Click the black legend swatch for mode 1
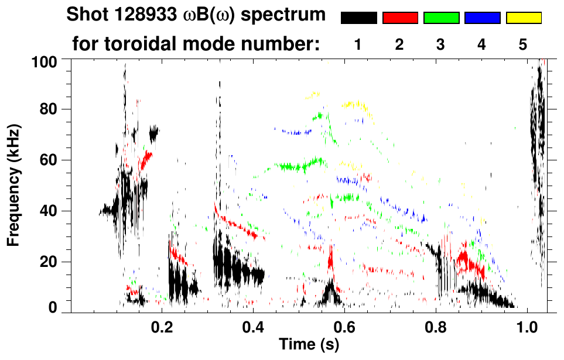pyautogui.click(x=358, y=18)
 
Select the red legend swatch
pyautogui.click(x=400, y=18)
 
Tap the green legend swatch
pyautogui.click(x=441, y=18)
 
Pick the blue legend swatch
pyautogui.click(x=482, y=18)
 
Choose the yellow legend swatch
pyautogui.click(x=523, y=18)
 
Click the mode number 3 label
pyautogui.click(x=440, y=44)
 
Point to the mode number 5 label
pyautogui.click(x=523, y=44)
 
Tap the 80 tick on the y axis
pyautogui.click(x=52, y=109)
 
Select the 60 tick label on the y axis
pyautogui.click(x=52, y=160)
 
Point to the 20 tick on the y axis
pyautogui.click(x=52, y=262)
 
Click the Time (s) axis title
pyautogui.click(x=309, y=345)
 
